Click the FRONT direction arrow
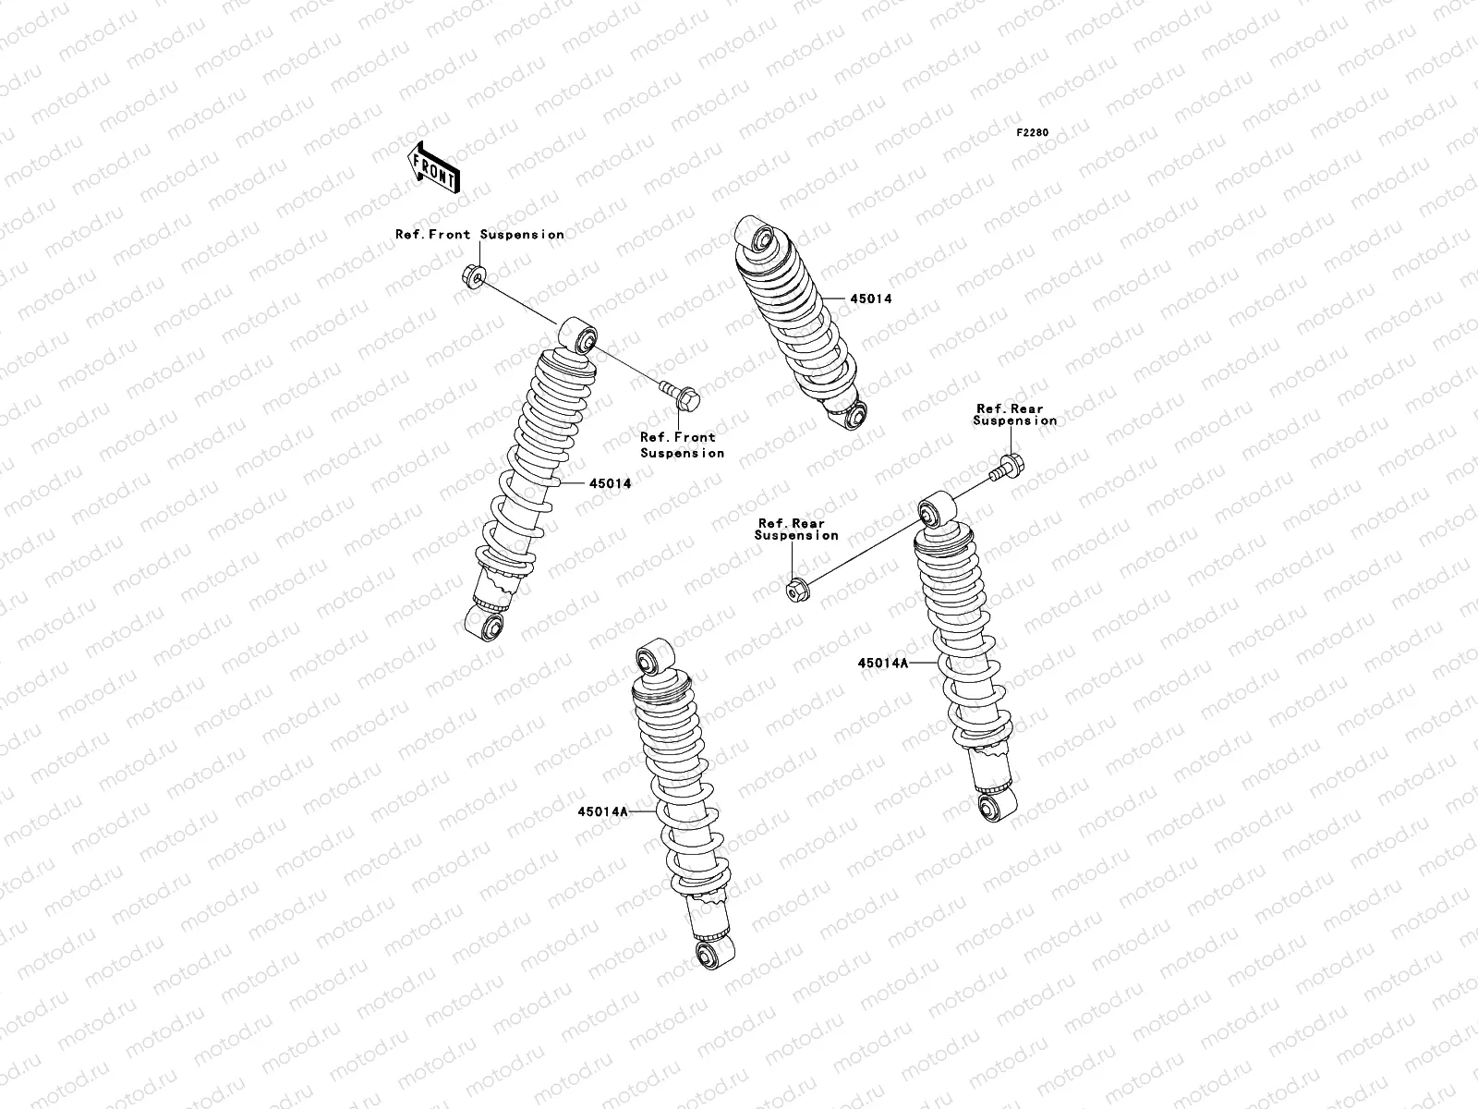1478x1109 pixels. pyautogui.click(x=435, y=168)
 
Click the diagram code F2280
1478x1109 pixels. pyautogui.click(x=1033, y=133)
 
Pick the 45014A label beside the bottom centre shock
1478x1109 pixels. pyautogui.click(x=602, y=811)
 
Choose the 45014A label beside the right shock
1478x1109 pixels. pyautogui.click(x=882, y=663)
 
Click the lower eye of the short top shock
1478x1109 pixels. pyautogui.click(x=854, y=416)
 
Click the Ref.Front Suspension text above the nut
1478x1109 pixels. pyautogui.click(x=479, y=235)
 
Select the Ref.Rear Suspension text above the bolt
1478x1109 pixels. pyautogui.click(x=1013, y=414)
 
